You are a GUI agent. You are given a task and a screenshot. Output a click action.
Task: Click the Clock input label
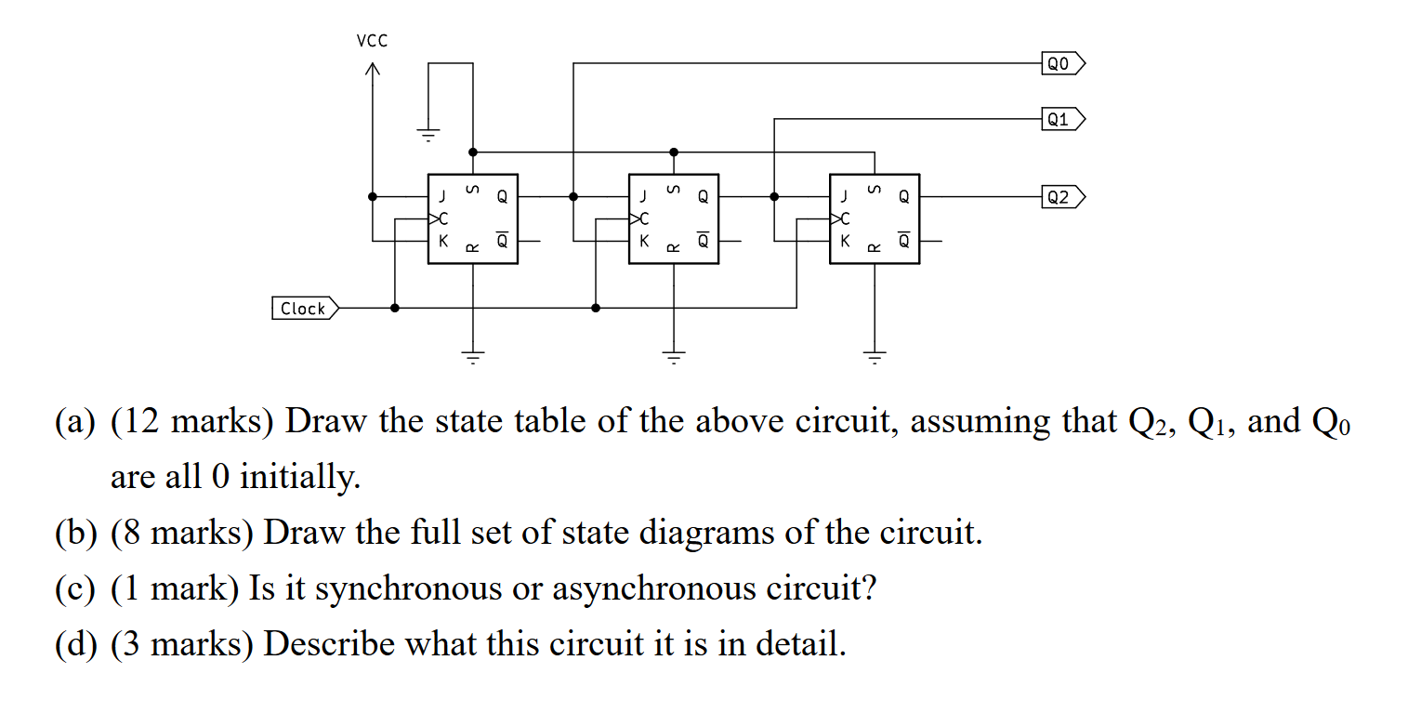[305, 309]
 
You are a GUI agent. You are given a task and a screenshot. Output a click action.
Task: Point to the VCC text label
[372, 41]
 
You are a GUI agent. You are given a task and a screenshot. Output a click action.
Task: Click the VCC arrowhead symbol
[373, 70]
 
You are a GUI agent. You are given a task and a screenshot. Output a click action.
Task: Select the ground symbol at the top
[428, 135]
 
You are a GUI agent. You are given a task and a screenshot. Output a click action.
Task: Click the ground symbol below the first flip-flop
[473, 355]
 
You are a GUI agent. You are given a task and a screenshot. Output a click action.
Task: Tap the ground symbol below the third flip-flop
[875, 355]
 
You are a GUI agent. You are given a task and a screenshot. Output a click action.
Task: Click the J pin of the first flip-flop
[442, 197]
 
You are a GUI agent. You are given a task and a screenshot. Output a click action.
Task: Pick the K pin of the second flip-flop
[643, 241]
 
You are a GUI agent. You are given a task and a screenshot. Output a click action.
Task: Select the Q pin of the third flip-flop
[903, 197]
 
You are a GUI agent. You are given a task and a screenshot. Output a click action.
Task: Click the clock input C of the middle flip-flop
[642, 219]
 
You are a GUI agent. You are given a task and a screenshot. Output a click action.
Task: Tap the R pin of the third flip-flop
[873, 247]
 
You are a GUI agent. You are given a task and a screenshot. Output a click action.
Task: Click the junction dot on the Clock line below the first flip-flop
[395, 308]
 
